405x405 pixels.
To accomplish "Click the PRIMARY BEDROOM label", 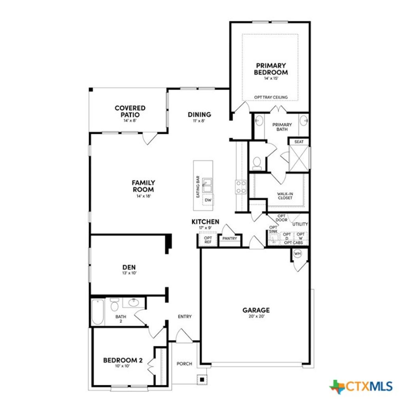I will pos(271,69).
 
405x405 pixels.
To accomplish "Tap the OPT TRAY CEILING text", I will pos(271,97).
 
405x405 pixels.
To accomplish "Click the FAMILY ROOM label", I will pos(143,186).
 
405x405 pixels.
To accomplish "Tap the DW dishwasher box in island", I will pos(208,201).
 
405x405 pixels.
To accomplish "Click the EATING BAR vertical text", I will pos(197,187).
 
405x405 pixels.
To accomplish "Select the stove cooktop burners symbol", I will pos(241,187).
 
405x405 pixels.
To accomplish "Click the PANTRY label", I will pos(230,238).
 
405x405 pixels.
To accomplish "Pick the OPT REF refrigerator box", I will pos(208,240).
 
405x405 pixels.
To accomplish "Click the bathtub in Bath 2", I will pos(98,311).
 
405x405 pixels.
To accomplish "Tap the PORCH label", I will pos(184,363).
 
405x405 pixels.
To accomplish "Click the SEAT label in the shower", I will pos(299,142).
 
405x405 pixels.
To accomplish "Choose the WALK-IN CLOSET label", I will pos(285,195).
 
